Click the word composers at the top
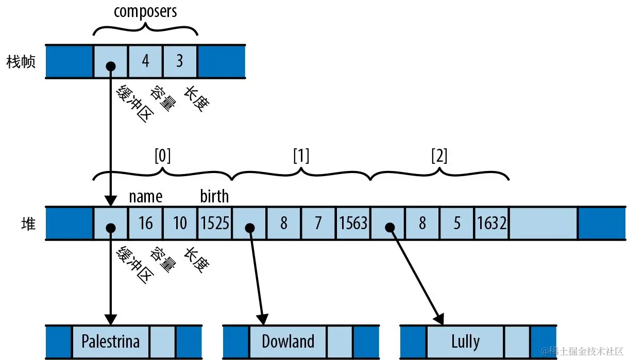click(145, 11)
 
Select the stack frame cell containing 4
click(145, 61)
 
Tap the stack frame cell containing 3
click(180, 61)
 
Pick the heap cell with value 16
click(145, 224)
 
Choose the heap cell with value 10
click(180, 224)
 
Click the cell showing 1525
click(215, 224)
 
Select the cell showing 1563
click(353, 224)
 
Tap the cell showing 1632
click(492, 224)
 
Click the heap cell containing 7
click(318, 224)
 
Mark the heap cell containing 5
click(457, 224)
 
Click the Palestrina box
click(111, 341)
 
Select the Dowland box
click(288, 341)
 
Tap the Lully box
click(465, 341)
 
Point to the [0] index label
click(162, 156)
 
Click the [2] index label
click(439, 156)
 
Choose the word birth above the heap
click(214, 196)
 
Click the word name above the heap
click(145, 196)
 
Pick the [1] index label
click(301, 156)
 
